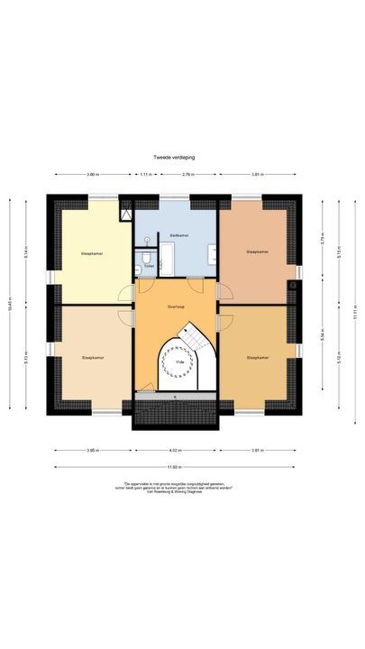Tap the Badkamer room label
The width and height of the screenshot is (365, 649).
pyautogui.click(x=178, y=234)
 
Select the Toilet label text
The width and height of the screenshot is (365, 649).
pyautogui.click(x=149, y=266)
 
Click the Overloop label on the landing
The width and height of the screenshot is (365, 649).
pyautogui.click(x=176, y=306)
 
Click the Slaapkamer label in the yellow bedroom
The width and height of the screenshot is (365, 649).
pyautogui.click(x=91, y=253)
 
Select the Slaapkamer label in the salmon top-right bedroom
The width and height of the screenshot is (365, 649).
pyautogui.click(x=258, y=252)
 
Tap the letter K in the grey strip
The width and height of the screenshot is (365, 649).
pyautogui.click(x=175, y=396)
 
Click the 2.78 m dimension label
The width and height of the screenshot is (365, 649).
pyautogui.click(x=187, y=173)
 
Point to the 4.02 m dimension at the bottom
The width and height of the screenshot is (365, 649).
pyautogui.click(x=176, y=450)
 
